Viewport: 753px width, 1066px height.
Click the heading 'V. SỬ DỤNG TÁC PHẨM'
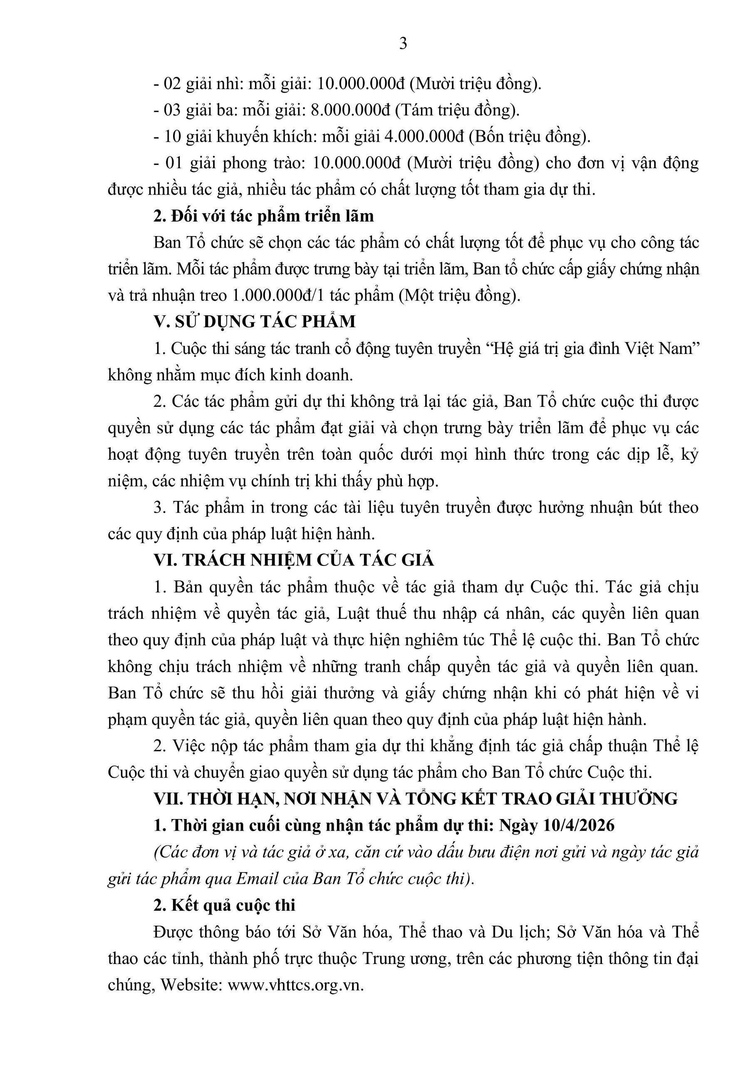255,321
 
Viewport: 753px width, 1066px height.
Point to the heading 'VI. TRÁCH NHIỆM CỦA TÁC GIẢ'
294,560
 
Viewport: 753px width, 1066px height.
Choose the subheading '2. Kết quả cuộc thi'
225,905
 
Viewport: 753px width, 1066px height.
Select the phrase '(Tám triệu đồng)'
457,110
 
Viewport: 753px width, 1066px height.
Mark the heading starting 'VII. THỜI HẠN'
415,799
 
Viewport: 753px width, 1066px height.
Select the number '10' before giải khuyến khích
172,137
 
